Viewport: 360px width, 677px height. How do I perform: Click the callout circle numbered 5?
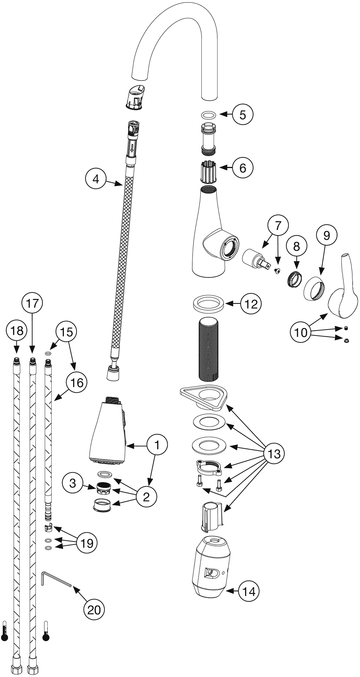243,114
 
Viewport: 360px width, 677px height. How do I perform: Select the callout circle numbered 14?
249,591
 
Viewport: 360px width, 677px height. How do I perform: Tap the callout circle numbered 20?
94,610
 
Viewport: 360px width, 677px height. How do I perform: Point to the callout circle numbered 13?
274,454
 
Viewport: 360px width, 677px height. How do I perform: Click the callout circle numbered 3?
73,483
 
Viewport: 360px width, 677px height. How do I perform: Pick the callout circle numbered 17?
32,304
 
